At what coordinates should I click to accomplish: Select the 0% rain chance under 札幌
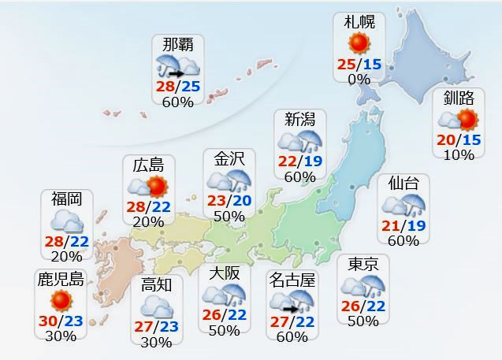pyautogui.click(x=359, y=79)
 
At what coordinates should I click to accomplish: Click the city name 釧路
pyautogui.click(x=459, y=98)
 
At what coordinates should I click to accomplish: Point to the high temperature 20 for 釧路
pyautogui.click(x=446, y=139)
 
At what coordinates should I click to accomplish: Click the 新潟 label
pyautogui.click(x=300, y=120)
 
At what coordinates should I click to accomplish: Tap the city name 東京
pyautogui.click(x=363, y=264)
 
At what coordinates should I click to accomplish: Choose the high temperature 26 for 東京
pyautogui.click(x=351, y=306)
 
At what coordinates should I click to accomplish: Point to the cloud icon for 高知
pyautogui.click(x=156, y=305)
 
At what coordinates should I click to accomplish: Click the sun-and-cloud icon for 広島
pyautogui.click(x=148, y=187)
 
